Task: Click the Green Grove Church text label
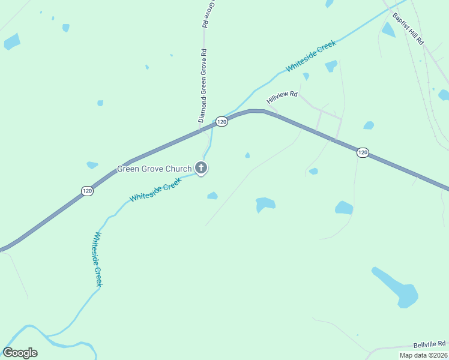tap(154, 169)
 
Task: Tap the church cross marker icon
tap(201, 169)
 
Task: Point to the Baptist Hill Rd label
tap(409, 29)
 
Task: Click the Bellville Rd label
tap(430, 344)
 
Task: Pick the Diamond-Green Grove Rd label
tap(203, 85)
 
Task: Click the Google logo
tap(20, 352)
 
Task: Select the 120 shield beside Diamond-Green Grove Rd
tap(221, 121)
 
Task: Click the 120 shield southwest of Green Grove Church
tap(87, 191)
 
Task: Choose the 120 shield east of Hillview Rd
tap(363, 152)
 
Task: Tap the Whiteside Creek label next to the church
tap(155, 191)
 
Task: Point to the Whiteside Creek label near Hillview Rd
tap(311, 59)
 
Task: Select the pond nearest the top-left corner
tap(12, 41)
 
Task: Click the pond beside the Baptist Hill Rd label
tap(388, 29)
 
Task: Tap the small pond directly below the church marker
tap(212, 196)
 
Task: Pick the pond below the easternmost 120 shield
tap(344, 208)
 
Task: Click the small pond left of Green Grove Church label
tap(92, 165)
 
